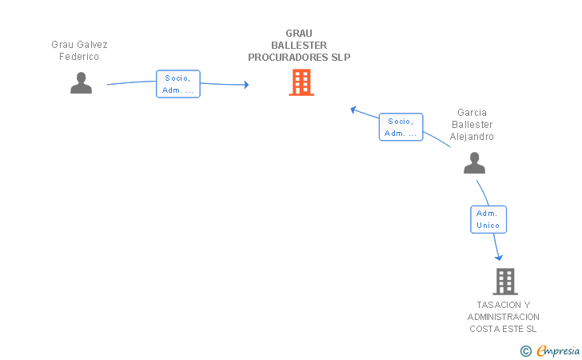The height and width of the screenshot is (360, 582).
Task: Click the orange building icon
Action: click(301, 82)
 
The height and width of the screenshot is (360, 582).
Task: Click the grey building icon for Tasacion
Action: click(505, 282)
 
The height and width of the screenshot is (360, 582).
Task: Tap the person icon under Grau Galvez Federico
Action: click(81, 83)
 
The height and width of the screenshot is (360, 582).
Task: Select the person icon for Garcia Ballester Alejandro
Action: click(474, 162)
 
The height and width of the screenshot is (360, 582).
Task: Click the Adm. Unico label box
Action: click(488, 219)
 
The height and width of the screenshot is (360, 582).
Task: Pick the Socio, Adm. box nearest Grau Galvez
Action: click(178, 84)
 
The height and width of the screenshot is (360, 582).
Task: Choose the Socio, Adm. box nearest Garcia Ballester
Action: click(401, 127)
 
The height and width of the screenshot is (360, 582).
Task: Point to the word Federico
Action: click(79, 57)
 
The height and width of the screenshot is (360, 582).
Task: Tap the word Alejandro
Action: click(472, 137)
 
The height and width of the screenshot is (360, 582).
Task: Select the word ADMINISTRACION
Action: click(504, 317)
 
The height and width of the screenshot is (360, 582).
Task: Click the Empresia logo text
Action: click(558, 350)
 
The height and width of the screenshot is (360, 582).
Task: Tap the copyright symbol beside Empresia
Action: click(525, 351)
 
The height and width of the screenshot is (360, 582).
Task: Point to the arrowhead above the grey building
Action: click(499, 257)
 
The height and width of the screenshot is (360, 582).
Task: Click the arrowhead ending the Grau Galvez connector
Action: click(245, 85)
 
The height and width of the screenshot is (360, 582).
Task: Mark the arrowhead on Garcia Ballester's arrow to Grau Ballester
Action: click(353, 110)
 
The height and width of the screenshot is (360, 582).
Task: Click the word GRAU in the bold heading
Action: click(299, 34)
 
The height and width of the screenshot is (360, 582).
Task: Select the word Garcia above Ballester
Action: click(472, 113)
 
